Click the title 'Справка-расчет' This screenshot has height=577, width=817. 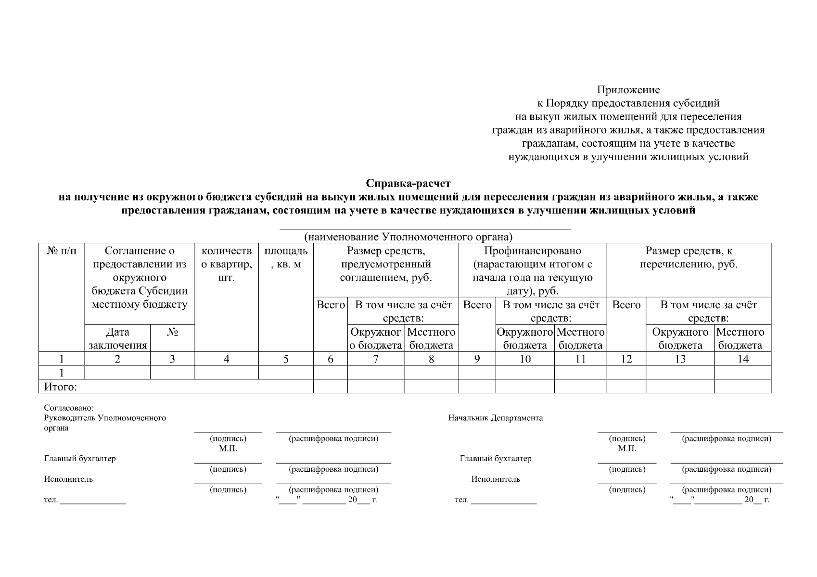408,183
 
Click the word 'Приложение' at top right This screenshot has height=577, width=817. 628,90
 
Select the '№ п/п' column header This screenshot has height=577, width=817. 62,251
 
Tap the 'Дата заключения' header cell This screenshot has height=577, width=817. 117,339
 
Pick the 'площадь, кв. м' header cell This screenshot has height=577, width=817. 286,258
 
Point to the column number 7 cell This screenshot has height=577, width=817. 375,359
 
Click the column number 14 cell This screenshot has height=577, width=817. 742,359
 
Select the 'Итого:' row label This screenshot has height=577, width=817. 61,387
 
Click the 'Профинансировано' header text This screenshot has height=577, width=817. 532,251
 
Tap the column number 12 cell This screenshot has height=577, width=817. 626,359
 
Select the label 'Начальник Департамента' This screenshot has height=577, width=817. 496,418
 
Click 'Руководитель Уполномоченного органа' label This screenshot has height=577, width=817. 105,423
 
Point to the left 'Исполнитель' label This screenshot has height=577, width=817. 69,479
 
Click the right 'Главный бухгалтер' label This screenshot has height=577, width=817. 496,459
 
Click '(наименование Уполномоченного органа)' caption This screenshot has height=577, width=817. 408,237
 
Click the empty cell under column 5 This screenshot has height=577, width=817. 286,373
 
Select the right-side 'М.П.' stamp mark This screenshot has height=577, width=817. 627,449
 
